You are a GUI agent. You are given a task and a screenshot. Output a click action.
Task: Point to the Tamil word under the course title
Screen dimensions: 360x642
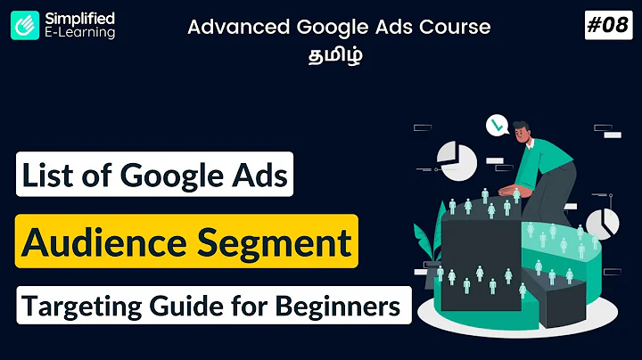[337, 54]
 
